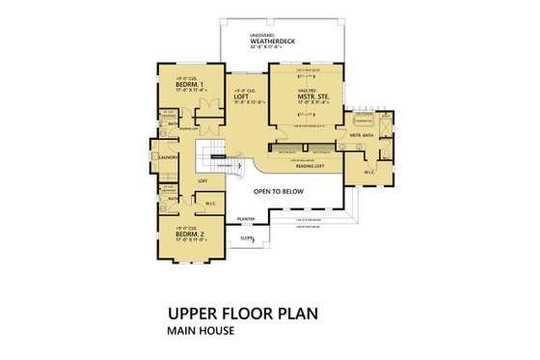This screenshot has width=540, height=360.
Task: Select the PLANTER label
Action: tap(247, 220)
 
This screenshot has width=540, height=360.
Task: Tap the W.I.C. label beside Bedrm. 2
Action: tap(210, 204)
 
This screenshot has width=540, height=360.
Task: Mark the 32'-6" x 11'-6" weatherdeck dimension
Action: tap(268, 48)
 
